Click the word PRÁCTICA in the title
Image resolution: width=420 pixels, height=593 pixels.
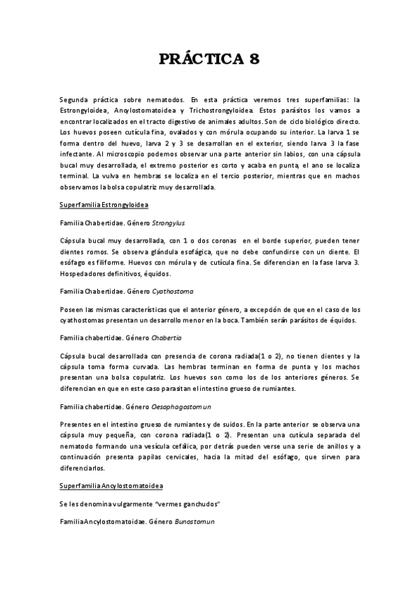[199, 59]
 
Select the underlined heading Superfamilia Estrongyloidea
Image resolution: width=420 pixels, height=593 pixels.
[105, 204]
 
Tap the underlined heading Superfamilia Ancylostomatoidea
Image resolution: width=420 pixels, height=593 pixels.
[111, 485]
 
